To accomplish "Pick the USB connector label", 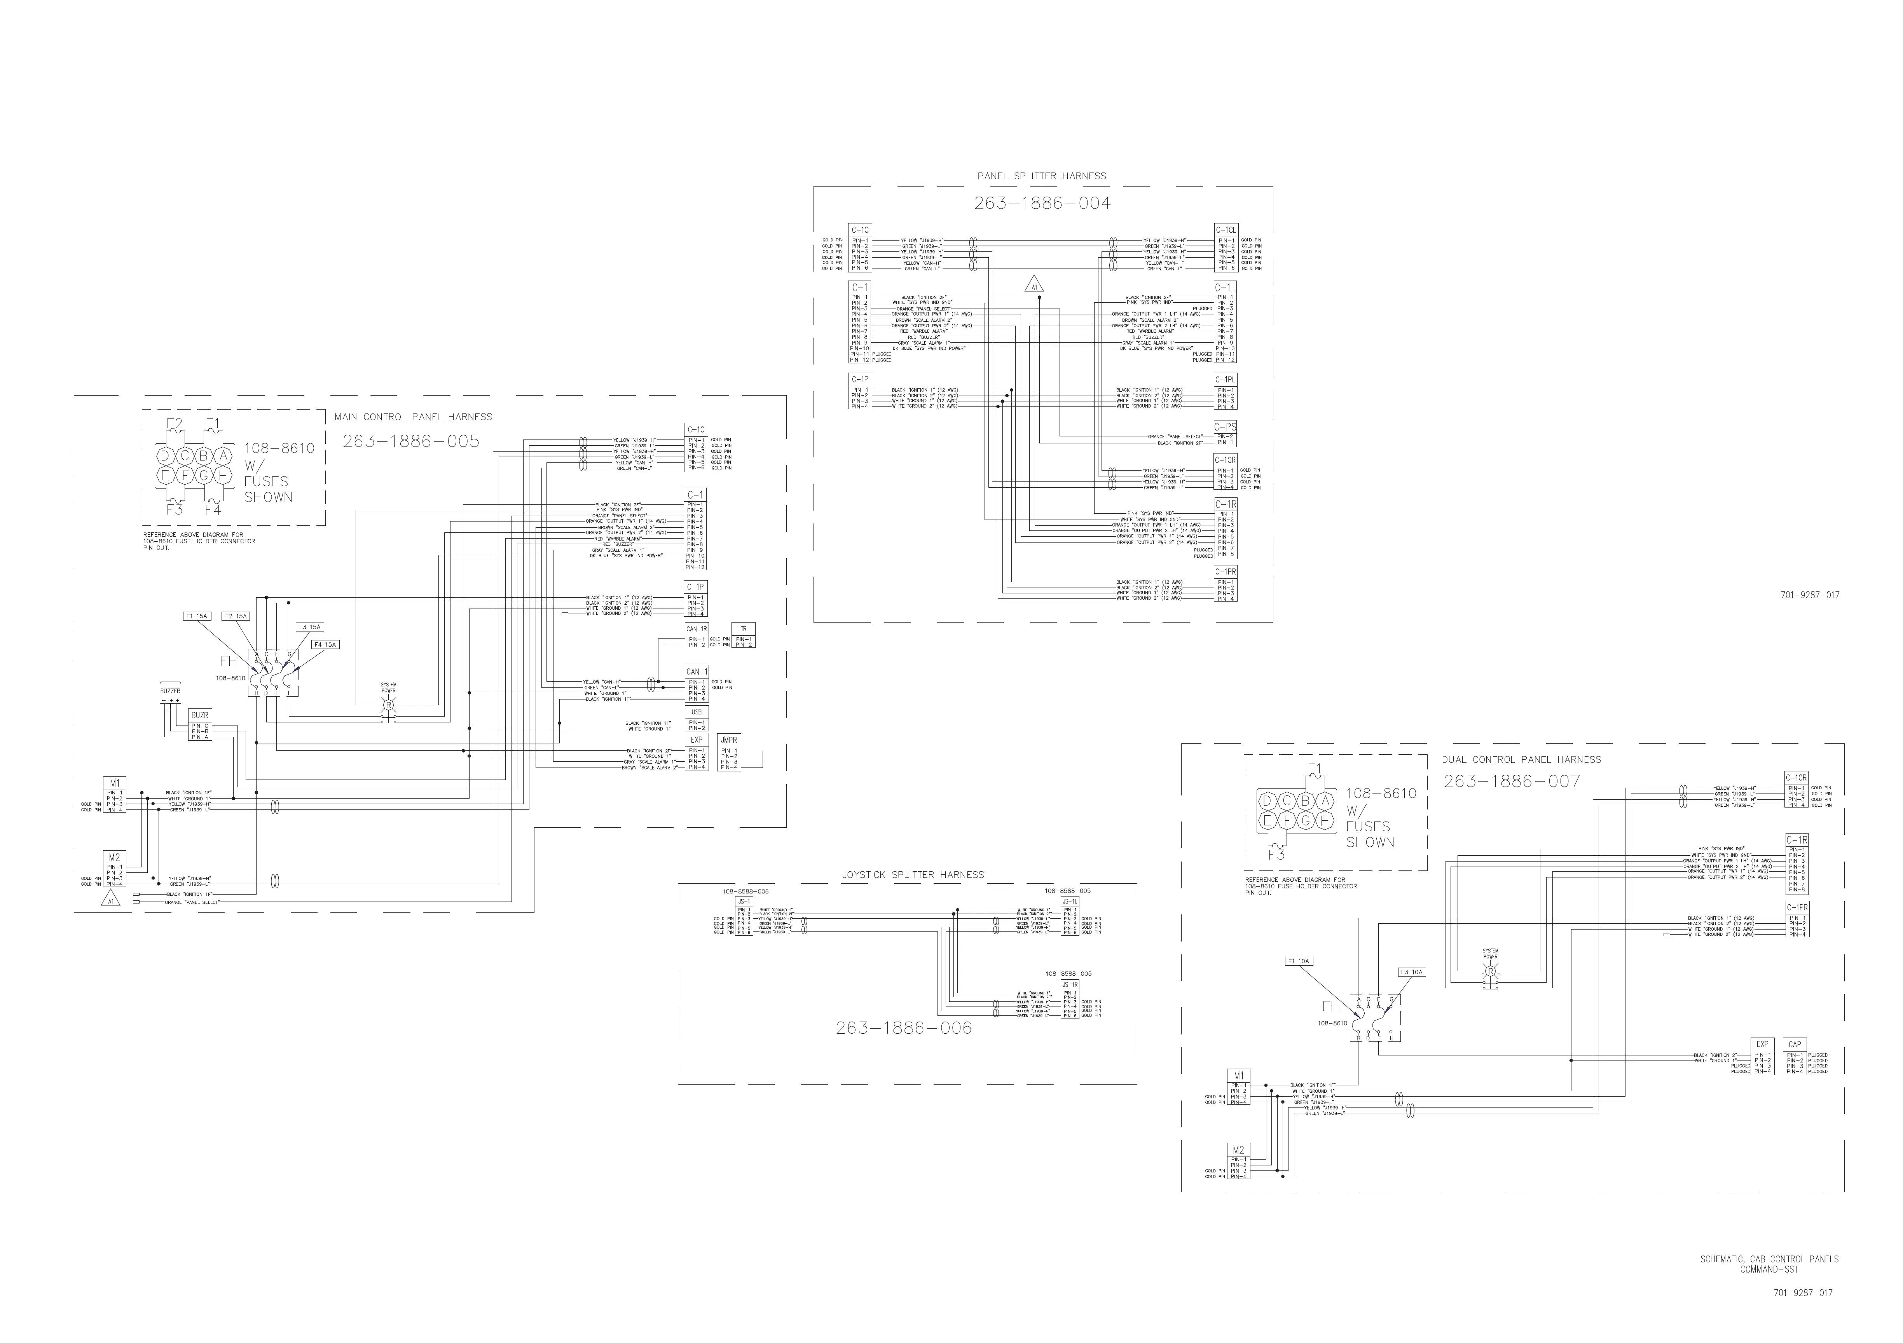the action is pos(696,712).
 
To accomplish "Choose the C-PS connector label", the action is pos(1225,427).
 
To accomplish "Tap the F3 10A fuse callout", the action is pos(1411,972).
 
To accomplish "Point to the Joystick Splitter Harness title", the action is pos(913,874).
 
